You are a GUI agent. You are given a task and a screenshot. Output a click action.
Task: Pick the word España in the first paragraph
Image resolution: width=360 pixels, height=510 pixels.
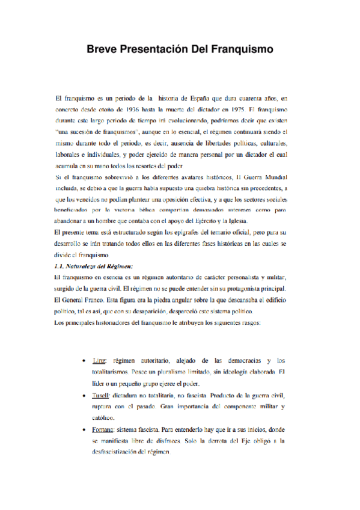[x=195, y=98]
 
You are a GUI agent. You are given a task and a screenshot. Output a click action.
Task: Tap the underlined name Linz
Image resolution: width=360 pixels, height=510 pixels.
[x=100, y=361]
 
